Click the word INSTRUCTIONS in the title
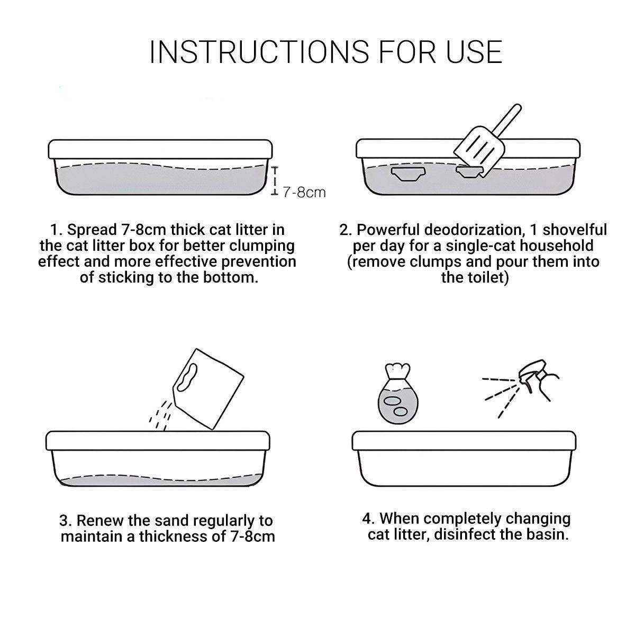pos(259,52)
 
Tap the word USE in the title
pos(475,52)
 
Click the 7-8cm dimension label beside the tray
pos(304,193)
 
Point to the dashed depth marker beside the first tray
pos(274,181)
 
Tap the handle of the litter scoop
pos(509,121)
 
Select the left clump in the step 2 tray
pos(408,174)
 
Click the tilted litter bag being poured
pos(208,389)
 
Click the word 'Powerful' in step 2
pos(388,230)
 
